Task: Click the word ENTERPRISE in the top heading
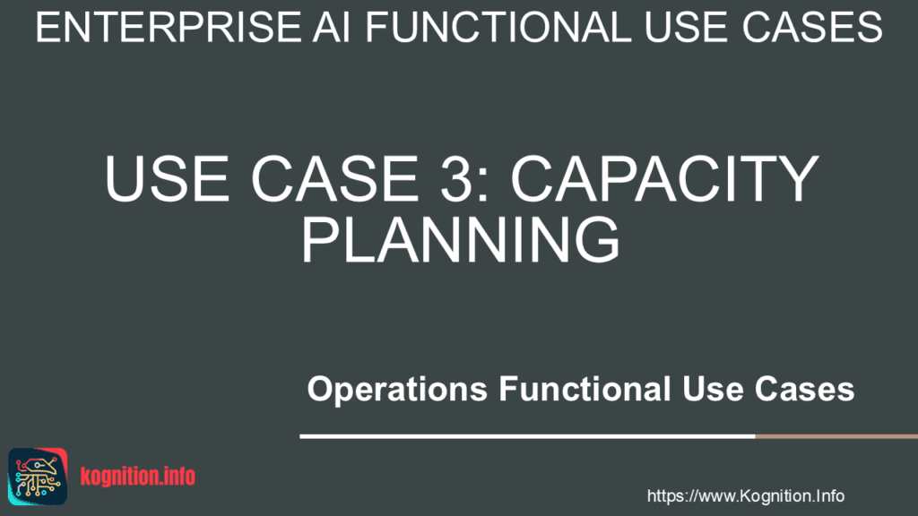coord(169,27)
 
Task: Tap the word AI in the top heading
coord(332,27)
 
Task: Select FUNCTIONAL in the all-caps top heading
coord(498,27)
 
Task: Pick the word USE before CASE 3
coord(167,178)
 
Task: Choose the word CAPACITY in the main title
coord(664,178)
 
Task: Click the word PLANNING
coord(460,239)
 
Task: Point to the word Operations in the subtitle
coord(397,390)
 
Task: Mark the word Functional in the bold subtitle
coord(585,389)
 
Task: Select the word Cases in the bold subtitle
coord(804,389)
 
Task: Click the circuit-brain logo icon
coord(38,477)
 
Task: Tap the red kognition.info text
coord(137,477)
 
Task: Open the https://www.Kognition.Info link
coord(745,496)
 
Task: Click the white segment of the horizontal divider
coord(527,436)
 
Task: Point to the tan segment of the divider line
coord(836,436)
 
